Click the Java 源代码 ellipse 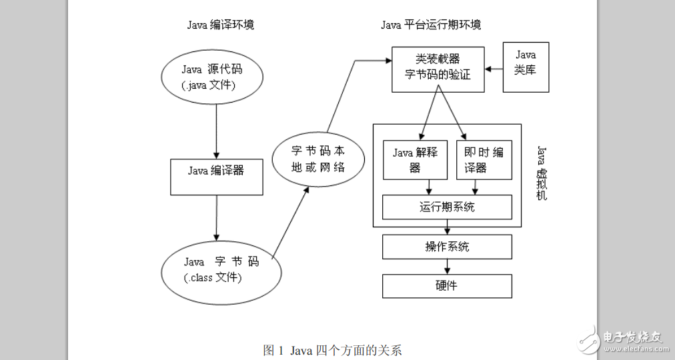tap(215, 77)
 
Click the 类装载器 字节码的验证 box tap(438, 67)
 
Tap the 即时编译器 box tap(484, 159)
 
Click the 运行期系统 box tap(447, 207)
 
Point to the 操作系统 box tap(447, 247)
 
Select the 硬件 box tap(447, 286)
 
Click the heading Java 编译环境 tap(221, 25)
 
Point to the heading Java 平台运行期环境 tap(431, 25)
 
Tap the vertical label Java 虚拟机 tap(542, 173)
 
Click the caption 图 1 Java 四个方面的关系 tap(332, 350)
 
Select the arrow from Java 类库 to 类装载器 tap(493, 68)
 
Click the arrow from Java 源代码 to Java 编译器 tap(216, 130)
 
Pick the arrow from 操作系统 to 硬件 tap(447, 266)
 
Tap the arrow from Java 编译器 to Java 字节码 tap(216, 217)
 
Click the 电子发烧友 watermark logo tap(621, 339)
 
